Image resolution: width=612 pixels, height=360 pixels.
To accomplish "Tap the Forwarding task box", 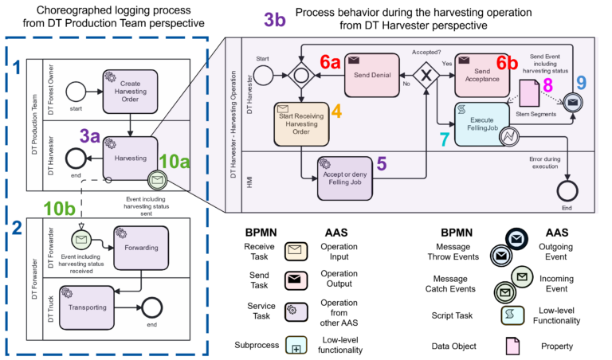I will click(141, 247).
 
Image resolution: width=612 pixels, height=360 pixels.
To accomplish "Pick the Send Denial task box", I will click(371, 76).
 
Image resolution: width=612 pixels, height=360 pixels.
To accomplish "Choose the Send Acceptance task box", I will click(481, 75).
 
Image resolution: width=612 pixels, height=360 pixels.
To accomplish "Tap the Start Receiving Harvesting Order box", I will click(302, 123).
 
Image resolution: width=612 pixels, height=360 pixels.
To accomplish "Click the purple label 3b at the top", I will click(274, 18).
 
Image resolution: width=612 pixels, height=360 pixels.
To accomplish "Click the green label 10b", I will click(60, 209).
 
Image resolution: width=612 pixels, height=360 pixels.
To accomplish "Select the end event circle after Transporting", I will click(150, 307).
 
